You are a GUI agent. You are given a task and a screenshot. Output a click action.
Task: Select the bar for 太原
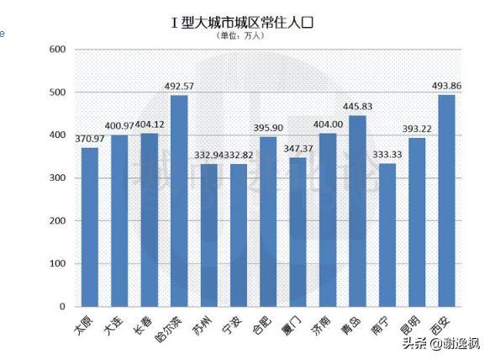point(90,227)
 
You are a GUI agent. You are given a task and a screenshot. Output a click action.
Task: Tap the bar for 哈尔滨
point(179,201)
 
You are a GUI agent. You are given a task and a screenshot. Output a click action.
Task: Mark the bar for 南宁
point(387,235)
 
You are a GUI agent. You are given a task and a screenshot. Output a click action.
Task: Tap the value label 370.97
point(90,139)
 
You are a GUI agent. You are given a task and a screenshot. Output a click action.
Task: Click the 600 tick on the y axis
point(58,49)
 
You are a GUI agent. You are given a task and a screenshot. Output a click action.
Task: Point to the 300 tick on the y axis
point(58,178)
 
